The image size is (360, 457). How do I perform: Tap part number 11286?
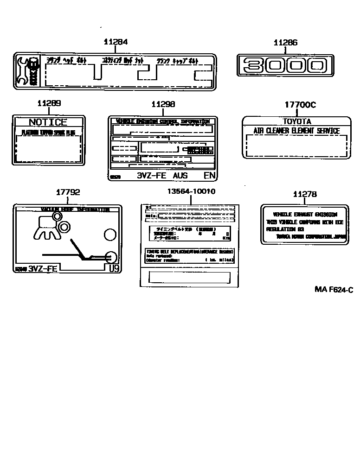[285, 43]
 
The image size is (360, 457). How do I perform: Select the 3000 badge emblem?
[285, 65]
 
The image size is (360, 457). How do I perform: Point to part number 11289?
[48, 104]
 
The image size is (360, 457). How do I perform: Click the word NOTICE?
[48, 122]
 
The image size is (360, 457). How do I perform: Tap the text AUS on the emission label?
[180, 176]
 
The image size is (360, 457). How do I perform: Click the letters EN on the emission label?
[209, 176]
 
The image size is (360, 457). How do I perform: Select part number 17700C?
[299, 105]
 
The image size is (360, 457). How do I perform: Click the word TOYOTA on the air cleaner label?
[297, 121]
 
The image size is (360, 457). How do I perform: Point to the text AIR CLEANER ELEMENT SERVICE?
[296, 131]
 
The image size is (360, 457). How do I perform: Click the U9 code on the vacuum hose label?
[114, 268]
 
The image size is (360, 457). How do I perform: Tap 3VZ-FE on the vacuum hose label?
[43, 269]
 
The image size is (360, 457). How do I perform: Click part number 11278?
[305, 195]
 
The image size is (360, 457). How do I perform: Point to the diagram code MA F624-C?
[334, 290]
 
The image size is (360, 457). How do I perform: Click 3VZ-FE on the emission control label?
[153, 176]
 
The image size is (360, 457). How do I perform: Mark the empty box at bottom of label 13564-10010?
[189, 277]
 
